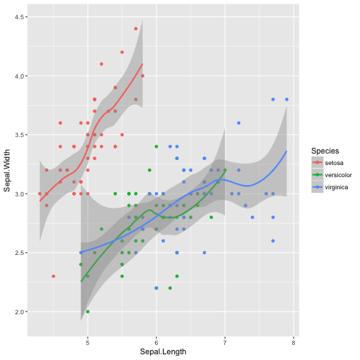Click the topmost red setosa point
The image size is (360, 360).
pos(136,29)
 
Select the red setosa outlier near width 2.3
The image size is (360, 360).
pos(54,276)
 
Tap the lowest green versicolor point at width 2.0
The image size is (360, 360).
pos(88,311)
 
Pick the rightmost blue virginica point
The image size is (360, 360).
pos(286,99)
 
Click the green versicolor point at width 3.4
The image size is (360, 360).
pos(156,146)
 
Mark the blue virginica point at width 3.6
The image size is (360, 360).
pos(239,123)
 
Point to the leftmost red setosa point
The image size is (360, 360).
pos(39,194)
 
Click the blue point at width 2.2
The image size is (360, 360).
pos(156,288)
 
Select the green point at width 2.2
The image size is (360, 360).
pos(170,288)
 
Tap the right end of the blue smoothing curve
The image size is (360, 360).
pos(286,151)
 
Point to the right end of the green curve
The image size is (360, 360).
pos(225,170)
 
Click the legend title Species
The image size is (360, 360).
pos(324,151)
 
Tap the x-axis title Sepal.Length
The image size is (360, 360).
pos(163,352)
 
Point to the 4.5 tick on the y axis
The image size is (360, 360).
pos(21,16)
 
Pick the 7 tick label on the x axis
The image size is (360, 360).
pos(225,341)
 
